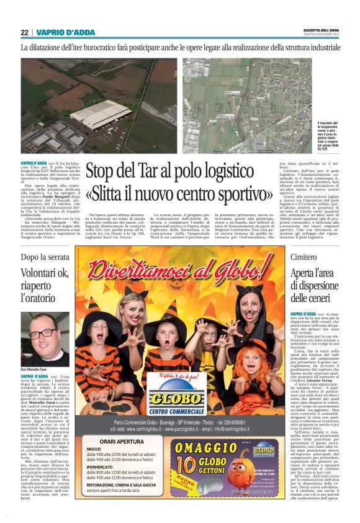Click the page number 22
click(24, 32)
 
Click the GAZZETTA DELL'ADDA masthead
click(321, 30)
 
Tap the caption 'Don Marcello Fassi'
click(35, 370)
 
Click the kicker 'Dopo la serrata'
click(45, 256)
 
